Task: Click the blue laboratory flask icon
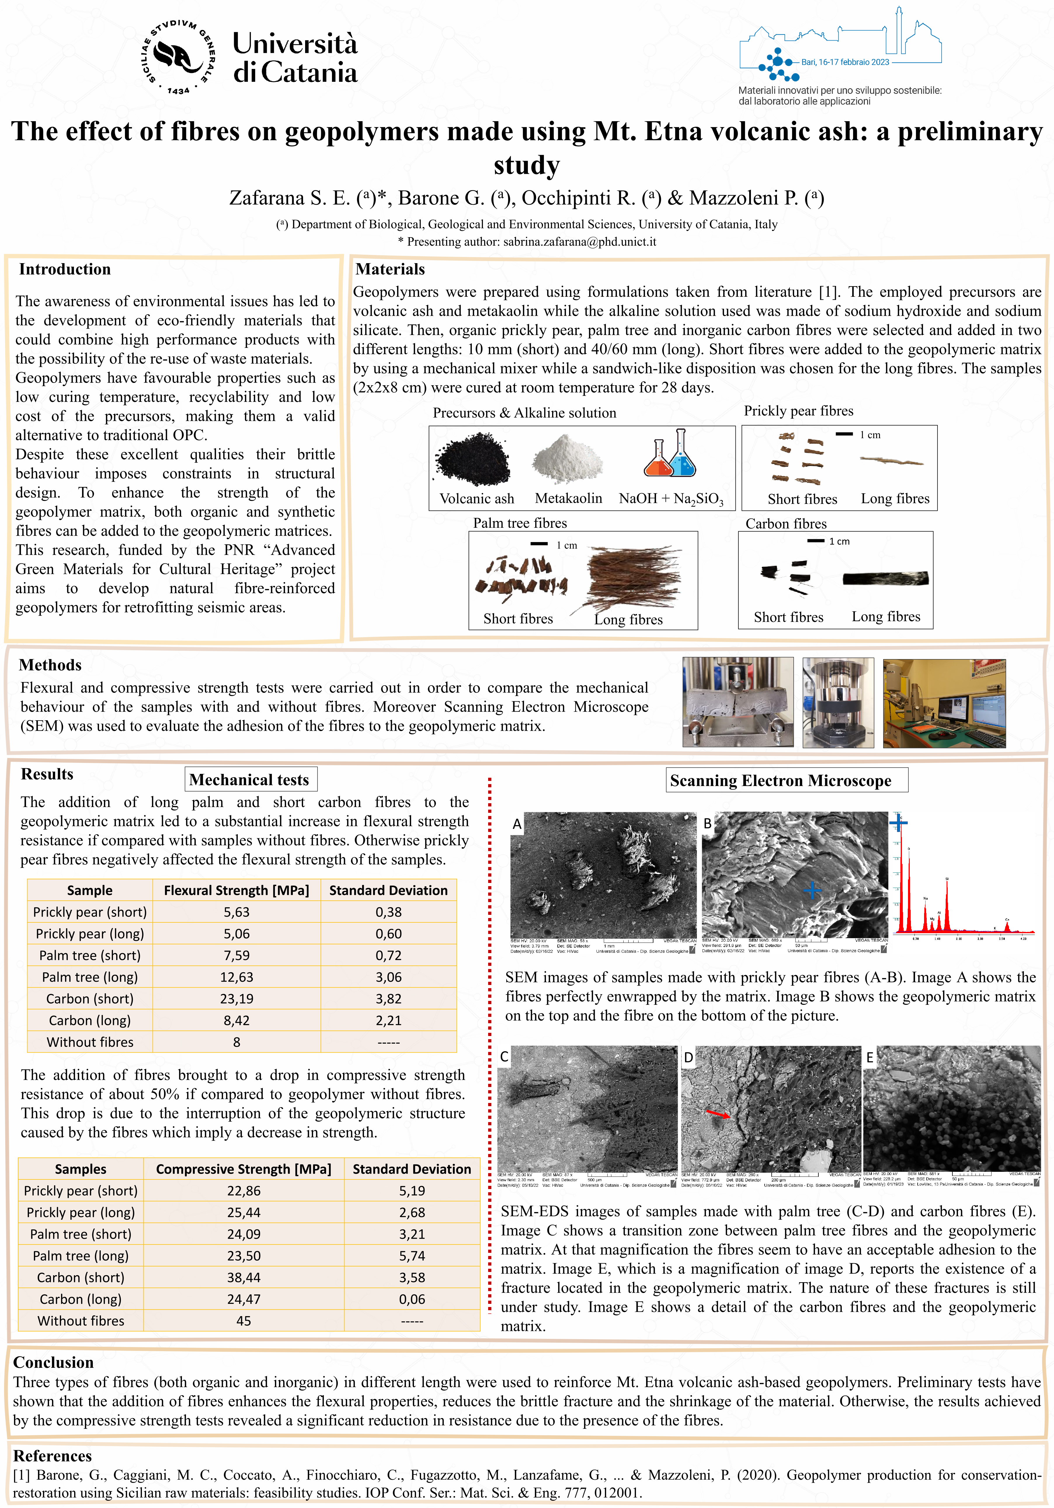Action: click(x=683, y=454)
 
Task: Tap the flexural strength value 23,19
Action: click(x=236, y=998)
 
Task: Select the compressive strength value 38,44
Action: click(x=244, y=1277)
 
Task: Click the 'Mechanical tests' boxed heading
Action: click(x=250, y=780)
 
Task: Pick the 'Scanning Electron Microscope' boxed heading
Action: click(x=781, y=780)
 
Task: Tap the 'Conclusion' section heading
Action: click(x=54, y=1362)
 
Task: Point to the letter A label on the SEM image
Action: click(x=517, y=824)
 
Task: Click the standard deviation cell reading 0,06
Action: click(x=412, y=1299)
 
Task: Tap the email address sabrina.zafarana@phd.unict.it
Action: click(x=580, y=242)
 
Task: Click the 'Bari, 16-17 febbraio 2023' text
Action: click(x=845, y=63)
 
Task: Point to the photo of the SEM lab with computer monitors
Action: click(x=944, y=703)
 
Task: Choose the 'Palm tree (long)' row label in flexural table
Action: click(x=90, y=977)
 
